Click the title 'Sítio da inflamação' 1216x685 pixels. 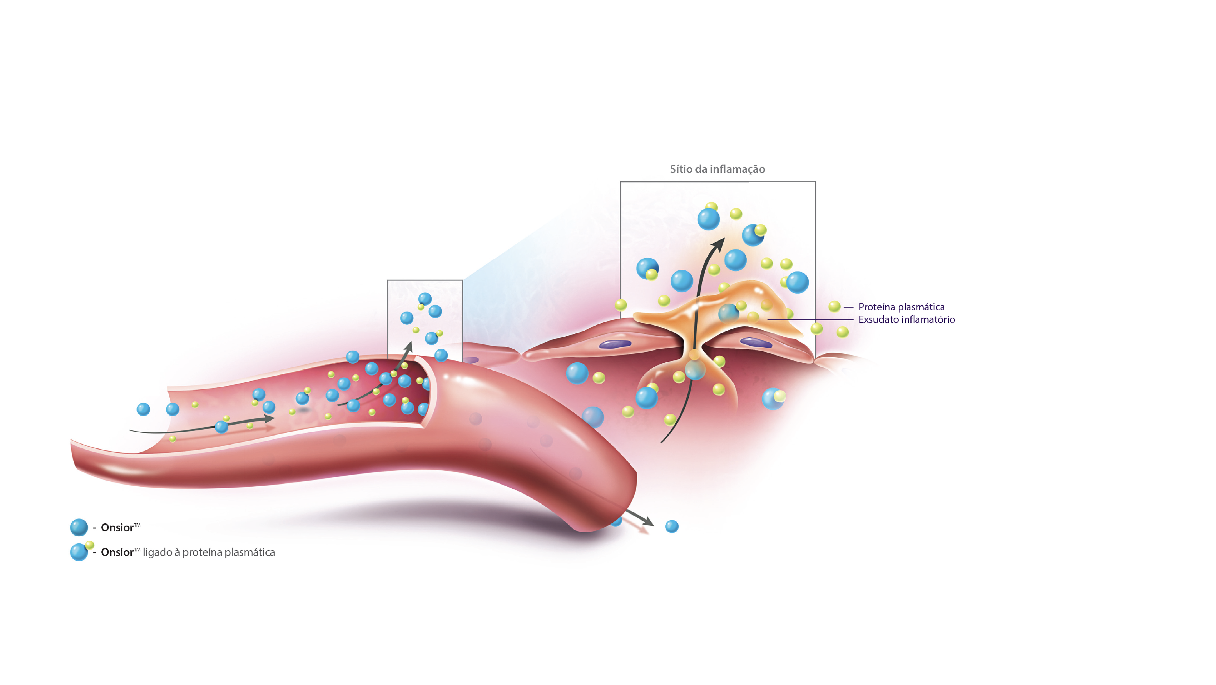coord(717,169)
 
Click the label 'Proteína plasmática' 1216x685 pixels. coord(901,307)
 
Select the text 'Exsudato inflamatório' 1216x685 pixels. coord(906,320)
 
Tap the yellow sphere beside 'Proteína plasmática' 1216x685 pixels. coord(834,307)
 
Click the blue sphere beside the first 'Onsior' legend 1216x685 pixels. coord(79,527)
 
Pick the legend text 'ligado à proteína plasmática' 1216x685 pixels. coord(209,552)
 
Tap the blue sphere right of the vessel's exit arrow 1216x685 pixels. coord(672,526)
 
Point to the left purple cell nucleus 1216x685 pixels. coord(615,344)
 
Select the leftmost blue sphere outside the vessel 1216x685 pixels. coord(143,409)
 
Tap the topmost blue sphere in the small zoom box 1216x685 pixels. coord(425,299)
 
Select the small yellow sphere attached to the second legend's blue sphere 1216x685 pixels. coord(89,545)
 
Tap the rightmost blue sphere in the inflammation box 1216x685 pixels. coord(797,282)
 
